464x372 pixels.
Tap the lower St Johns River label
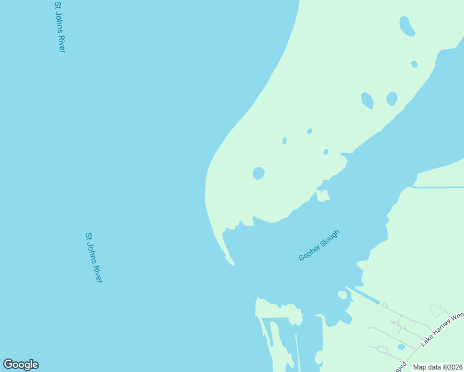point(93,258)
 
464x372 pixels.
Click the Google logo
point(20,365)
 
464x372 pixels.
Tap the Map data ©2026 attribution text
point(438,367)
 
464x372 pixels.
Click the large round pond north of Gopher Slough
point(259,174)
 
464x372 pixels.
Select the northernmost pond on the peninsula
point(407,26)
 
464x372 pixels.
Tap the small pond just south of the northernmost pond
point(414,64)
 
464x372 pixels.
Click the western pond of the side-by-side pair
point(367,100)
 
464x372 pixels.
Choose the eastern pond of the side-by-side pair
point(391,99)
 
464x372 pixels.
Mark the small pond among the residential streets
point(401,347)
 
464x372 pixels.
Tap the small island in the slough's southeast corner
point(342,295)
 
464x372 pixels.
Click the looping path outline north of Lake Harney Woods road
point(439,310)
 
